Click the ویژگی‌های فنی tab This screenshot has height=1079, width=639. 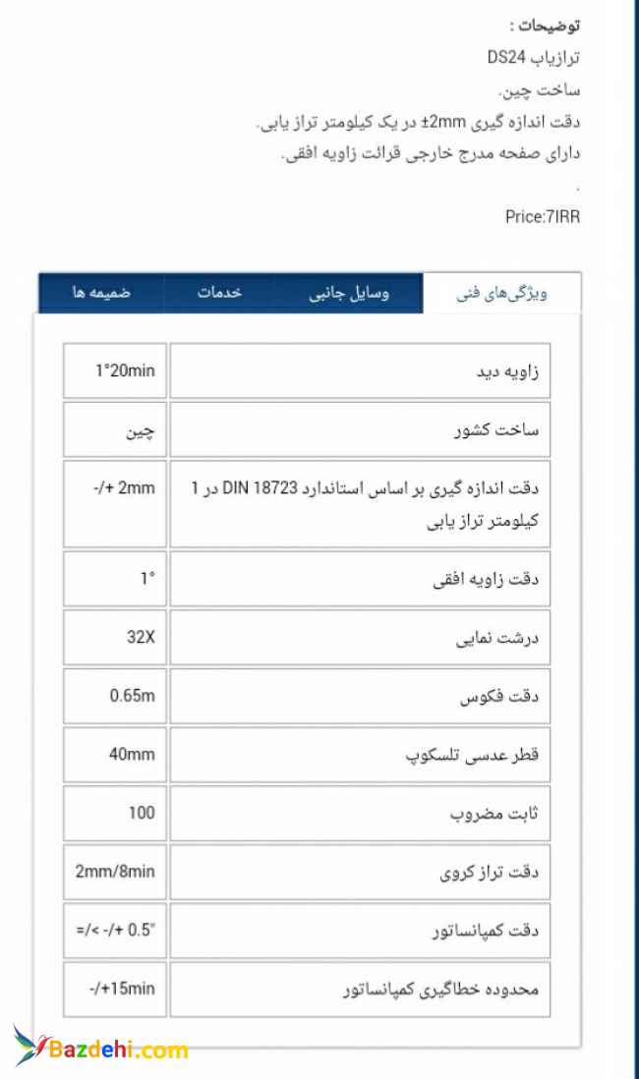(x=501, y=294)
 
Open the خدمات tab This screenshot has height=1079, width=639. (x=219, y=294)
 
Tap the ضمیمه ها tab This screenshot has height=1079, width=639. (x=100, y=294)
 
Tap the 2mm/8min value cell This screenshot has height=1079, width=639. (x=115, y=872)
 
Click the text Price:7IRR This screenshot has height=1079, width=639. (x=542, y=217)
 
